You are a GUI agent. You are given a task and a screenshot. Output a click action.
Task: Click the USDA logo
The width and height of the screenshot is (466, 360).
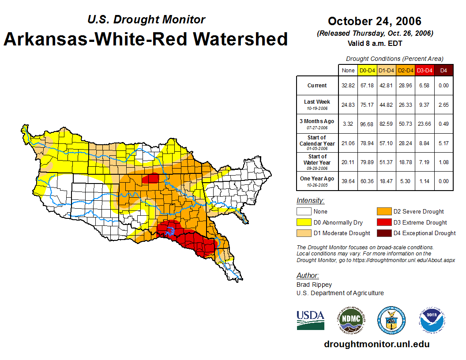pyautogui.click(x=310, y=320)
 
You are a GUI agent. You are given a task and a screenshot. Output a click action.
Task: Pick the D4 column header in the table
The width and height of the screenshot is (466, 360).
pyautogui.click(x=444, y=70)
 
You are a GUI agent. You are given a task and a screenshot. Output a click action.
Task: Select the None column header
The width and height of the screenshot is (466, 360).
pyautogui.click(x=348, y=70)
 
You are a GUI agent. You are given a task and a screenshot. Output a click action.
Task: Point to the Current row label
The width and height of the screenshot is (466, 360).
pyautogui.click(x=317, y=86)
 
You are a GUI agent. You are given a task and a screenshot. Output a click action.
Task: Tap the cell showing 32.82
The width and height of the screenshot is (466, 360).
pyautogui.click(x=348, y=86)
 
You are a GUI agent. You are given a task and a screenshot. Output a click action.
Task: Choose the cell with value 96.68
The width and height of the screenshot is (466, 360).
pyautogui.click(x=368, y=124)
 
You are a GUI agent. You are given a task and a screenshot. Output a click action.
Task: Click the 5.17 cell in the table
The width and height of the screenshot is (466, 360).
pyautogui.click(x=444, y=142)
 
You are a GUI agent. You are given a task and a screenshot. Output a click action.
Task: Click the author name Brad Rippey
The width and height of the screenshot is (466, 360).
pyautogui.click(x=314, y=285)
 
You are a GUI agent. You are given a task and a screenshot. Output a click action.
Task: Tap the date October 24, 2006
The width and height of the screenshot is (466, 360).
pyautogui.click(x=375, y=21)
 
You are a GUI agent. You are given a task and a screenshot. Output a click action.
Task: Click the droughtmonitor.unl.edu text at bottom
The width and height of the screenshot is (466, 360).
pyautogui.click(x=376, y=344)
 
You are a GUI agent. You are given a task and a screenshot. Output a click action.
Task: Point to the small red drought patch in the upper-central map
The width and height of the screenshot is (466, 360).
pyautogui.click(x=153, y=178)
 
